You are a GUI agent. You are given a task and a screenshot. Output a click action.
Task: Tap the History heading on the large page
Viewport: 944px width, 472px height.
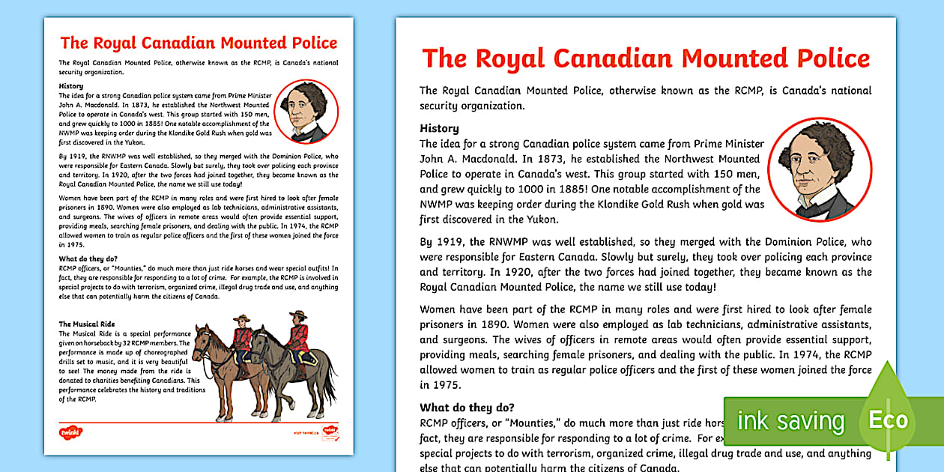439,128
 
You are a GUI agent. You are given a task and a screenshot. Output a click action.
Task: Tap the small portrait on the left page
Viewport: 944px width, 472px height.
306,112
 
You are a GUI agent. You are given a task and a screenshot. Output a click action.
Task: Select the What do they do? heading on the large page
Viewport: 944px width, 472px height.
467,408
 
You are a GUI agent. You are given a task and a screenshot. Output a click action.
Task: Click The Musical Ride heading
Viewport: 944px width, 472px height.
87,324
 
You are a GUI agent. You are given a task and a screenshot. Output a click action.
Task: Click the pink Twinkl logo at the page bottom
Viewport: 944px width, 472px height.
70,432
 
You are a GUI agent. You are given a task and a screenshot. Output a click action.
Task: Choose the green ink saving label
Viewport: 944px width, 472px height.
790,421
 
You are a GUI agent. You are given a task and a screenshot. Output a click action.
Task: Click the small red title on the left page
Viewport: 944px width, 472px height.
199,43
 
